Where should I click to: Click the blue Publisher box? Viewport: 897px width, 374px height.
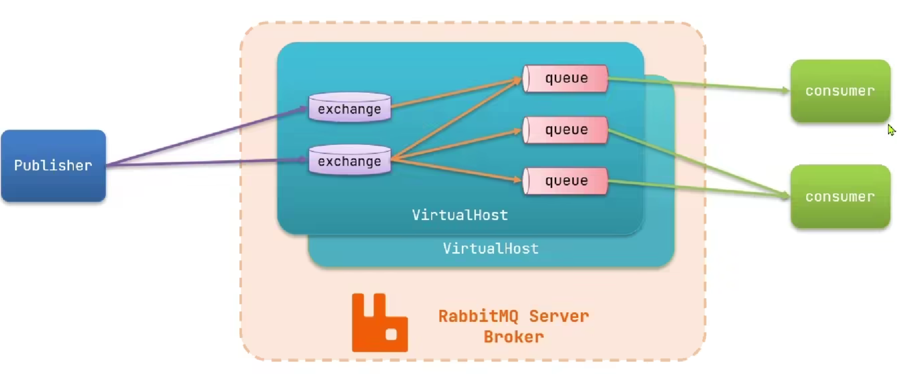53,166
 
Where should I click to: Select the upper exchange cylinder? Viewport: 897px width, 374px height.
350,107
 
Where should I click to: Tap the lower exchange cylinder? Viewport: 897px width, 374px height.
350,160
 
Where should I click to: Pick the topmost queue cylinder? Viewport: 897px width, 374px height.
566,78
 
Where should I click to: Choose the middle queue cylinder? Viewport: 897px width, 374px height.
566,130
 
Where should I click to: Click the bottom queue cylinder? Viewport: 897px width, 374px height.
566,181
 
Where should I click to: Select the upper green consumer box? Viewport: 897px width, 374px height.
840,91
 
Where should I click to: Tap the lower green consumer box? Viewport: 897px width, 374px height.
840,197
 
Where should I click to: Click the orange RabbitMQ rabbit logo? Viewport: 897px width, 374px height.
379,323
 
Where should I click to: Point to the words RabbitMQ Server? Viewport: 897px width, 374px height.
513,316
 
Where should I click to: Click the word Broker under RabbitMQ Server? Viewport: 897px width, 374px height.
513,337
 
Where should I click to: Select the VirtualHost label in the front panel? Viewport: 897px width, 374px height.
460,215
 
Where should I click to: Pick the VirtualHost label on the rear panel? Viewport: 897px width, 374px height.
490,248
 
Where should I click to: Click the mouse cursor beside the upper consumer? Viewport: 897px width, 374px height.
891,130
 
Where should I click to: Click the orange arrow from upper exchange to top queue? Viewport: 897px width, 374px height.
455,93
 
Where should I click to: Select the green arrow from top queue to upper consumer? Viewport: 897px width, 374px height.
698,84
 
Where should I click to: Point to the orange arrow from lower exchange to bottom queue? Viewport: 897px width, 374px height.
455,169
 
